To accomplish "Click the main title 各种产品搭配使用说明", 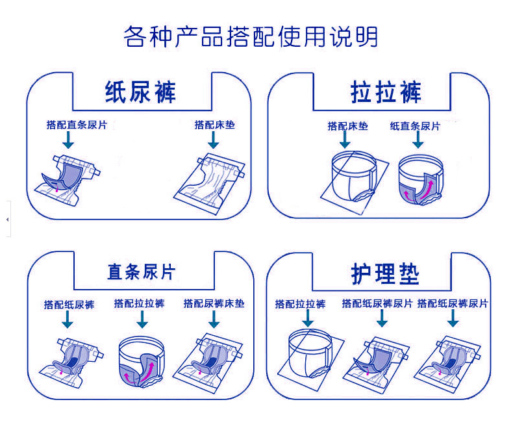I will pyautogui.click(x=251, y=37).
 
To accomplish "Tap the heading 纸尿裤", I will pyautogui.click(x=140, y=92).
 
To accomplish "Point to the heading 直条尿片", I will pyautogui.click(x=141, y=271).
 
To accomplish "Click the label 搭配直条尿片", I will pyautogui.click(x=77, y=125).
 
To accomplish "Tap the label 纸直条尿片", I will pyautogui.click(x=414, y=126).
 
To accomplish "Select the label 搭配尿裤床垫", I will pyautogui.click(x=214, y=303).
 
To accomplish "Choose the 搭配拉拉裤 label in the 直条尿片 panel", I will pyautogui.click(x=139, y=303).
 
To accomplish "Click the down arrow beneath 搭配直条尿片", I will pyautogui.click(x=68, y=140).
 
